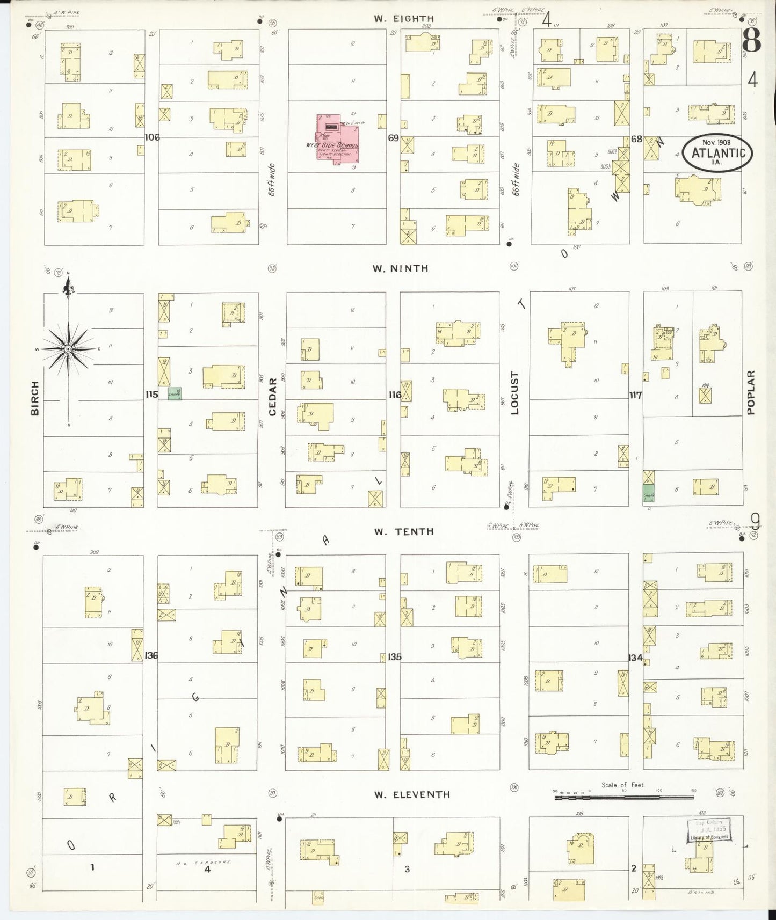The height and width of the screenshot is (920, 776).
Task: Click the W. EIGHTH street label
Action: [x=404, y=18]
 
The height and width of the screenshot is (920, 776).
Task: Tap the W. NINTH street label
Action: [x=401, y=268]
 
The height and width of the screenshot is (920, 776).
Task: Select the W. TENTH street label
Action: [x=403, y=531]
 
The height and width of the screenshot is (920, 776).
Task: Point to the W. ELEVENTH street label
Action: [x=412, y=794]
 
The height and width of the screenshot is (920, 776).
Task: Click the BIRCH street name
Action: [x=35, y=398]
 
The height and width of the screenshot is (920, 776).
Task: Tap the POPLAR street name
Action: [x=750, y=392]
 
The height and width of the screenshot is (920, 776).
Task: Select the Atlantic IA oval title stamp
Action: [x=718, y=153]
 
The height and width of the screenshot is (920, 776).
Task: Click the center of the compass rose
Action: [x=69, y=349]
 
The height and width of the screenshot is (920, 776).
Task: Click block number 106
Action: [x=152, y=137]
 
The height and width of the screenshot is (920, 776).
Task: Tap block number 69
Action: [x=393, y=138]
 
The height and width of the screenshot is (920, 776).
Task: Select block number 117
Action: [x=636, y=396]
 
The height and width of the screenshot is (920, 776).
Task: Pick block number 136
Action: [x=151, y=655]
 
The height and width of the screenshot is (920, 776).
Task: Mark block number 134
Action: [x=636, y=657]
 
